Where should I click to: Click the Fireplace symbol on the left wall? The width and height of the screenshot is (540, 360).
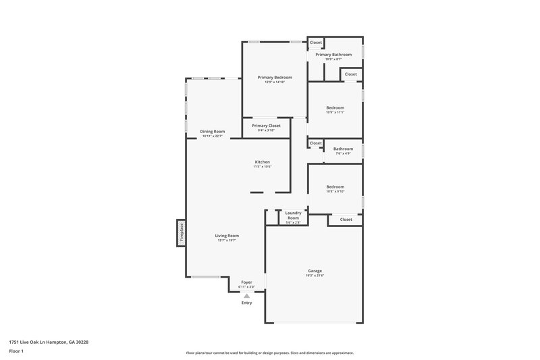[181, 233]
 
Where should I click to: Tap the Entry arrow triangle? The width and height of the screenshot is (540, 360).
[246, 295]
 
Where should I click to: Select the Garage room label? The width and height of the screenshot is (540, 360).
[315, 271]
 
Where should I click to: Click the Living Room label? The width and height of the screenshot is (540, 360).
[227, 236]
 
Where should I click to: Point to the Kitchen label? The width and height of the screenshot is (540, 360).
[262, 162]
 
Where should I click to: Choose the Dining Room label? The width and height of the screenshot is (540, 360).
[212, 131]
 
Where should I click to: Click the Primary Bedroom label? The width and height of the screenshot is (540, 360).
[274, 78]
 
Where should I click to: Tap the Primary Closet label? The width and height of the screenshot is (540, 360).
[266, 126]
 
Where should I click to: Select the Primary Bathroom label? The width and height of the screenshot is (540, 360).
[338, 55]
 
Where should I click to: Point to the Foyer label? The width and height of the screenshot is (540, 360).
[246, 282]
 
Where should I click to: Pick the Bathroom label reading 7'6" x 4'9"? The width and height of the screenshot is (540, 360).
[343, 149]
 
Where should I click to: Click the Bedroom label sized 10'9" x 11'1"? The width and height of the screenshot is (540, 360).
[335, 107]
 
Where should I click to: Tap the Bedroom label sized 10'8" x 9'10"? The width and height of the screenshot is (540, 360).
[335, 186]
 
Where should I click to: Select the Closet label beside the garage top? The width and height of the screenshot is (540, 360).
[346, 220]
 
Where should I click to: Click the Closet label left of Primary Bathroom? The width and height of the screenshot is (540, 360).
[316, 43]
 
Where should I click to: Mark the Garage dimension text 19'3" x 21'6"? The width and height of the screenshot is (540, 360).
[315, 276]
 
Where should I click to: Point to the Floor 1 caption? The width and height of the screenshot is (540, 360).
[17, 352]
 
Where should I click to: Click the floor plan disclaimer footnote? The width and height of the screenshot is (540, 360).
[269, 353]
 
